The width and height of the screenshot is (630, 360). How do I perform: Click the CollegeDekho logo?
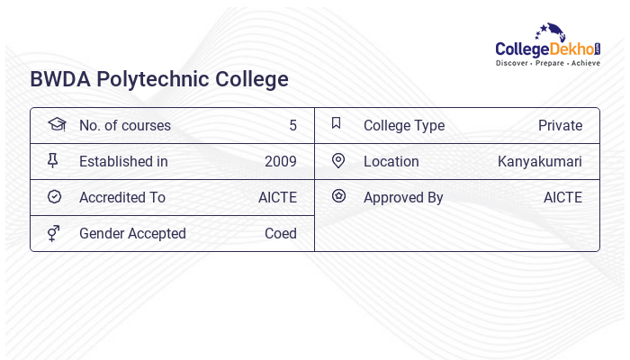click(x=548, y=46)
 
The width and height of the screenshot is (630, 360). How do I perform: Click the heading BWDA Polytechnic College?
click(x=159, y=79)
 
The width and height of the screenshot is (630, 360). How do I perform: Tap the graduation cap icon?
click(x=56, y=124)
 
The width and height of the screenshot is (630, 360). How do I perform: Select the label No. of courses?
click(x=124, y=125)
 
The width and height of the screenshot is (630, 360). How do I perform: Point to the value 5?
click(x=292, y=125)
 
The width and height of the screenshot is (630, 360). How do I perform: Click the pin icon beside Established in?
click(x=53, y=161)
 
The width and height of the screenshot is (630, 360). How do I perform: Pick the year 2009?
click(x=281, y=161)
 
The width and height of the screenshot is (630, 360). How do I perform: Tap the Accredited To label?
click(x=122, y=197)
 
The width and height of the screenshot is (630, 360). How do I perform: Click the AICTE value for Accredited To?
click(x=277, y=197)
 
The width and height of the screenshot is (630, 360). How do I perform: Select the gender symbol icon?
click(x=54, y=233)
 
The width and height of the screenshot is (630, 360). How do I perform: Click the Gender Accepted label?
click(x=132, y=233)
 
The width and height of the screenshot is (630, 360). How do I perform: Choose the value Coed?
click(x=281, y=233)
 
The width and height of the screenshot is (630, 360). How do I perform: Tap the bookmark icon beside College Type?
click(x=337, y=124)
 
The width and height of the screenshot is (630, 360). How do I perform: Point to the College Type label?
click(x=404, y=125)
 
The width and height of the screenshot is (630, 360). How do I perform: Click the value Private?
click(x=560, y=125)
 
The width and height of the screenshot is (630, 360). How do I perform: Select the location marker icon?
click(x=338, y=160)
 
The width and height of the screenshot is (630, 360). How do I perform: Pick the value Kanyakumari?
click(x=540, y=161)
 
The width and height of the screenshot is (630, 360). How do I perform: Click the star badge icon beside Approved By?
click(x=338, y=196)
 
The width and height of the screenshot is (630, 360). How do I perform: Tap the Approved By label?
click(x=403, y=197)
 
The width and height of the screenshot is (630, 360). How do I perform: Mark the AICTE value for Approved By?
click(x=562, y=197)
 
